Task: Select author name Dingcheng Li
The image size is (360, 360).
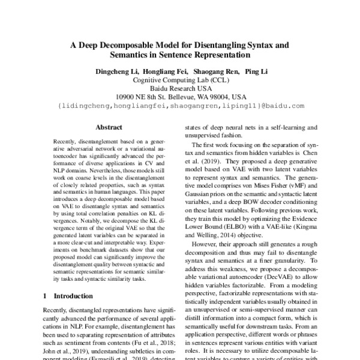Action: [x=116, y=71]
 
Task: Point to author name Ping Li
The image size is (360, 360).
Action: [x=256, y=71]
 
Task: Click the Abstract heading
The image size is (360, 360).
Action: [x=109, y=128]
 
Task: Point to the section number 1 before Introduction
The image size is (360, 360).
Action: [x=46, y=296]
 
